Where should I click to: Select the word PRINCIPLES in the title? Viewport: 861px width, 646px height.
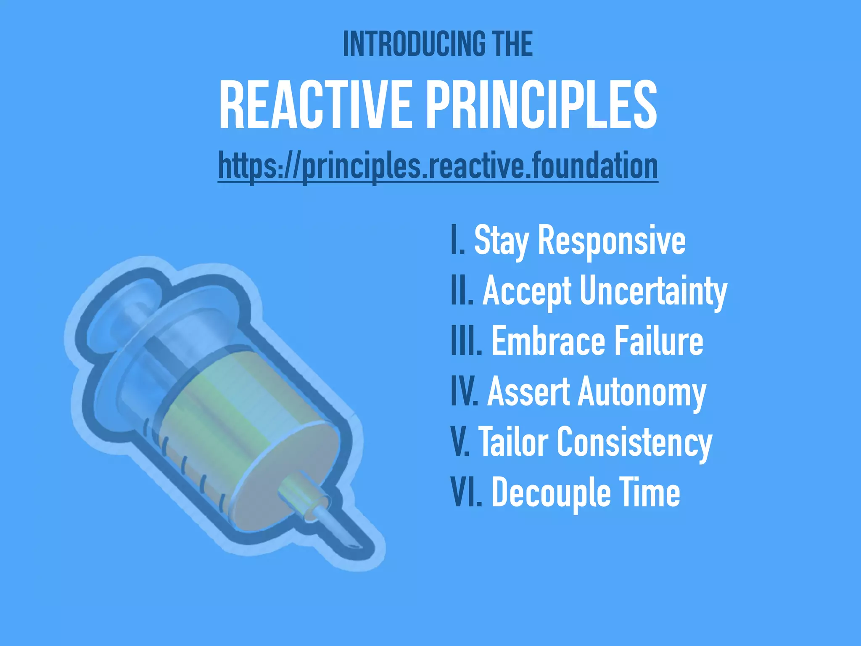(542, 105)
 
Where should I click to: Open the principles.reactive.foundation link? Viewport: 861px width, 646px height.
(438, 167)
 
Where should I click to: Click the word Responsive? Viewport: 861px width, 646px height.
(612, 241)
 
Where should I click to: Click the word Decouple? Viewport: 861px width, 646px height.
(551, 492)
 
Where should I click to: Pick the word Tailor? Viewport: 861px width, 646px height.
(513, 442)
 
